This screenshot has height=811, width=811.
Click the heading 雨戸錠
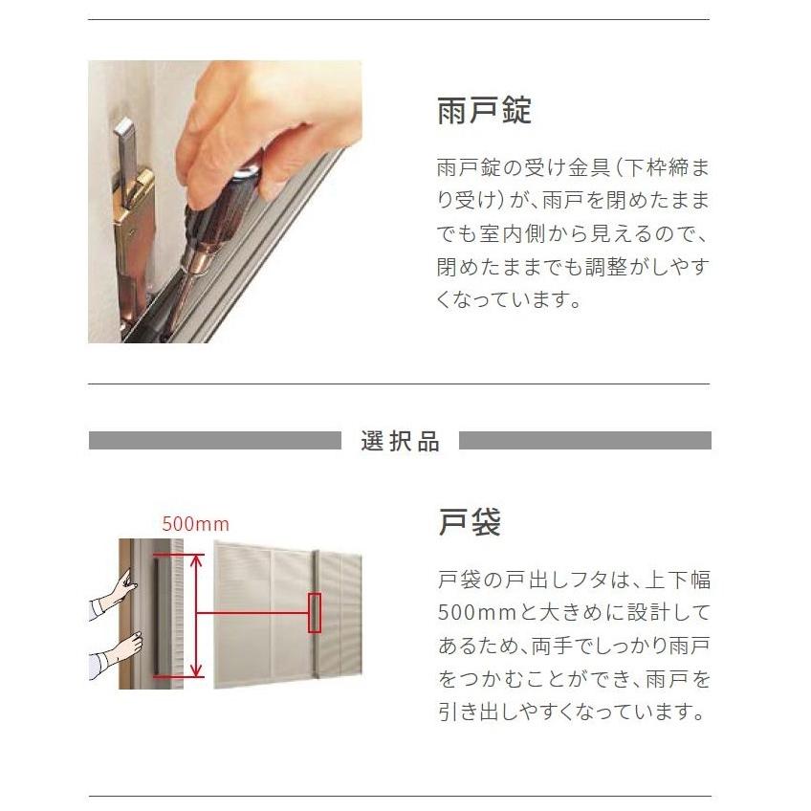[x=484, y=110]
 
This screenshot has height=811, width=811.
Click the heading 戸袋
[x=470, y=522]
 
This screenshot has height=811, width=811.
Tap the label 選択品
[x=401, y=441]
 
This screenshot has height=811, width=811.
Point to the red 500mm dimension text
[x=195, y=524]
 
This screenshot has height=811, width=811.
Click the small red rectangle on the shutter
[x=314, y=613]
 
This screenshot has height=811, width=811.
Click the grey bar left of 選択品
[x=214, y=441]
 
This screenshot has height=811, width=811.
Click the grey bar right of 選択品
[x=584, y=441]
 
